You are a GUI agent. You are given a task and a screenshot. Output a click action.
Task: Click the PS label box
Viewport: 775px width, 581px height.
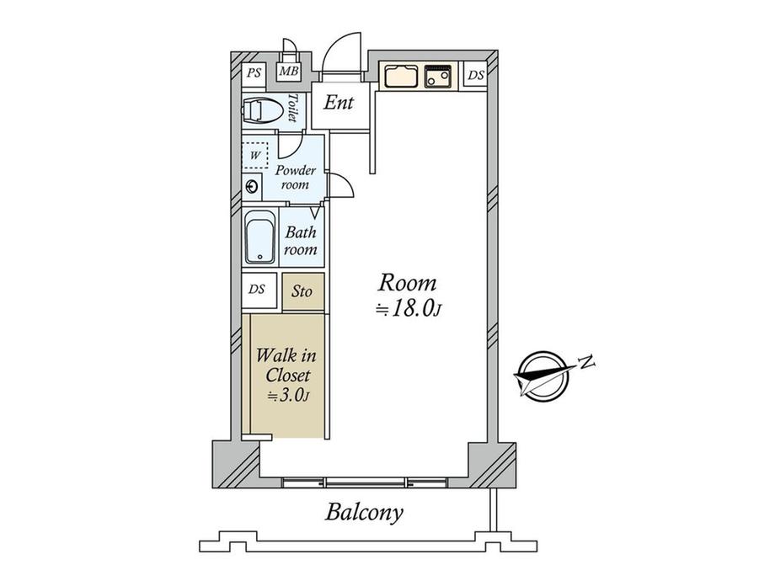click(254, 73)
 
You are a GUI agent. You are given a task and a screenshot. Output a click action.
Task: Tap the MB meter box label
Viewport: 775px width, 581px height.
click(289, 72)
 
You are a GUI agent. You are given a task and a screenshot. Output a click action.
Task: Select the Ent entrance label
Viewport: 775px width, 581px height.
click(339, 102)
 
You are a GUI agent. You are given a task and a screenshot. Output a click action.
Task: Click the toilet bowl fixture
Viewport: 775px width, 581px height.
click(262, 110)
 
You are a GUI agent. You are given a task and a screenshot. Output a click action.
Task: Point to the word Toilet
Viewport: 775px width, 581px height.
click(293, 108)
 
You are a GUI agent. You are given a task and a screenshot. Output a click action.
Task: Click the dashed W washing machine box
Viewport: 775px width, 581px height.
click(255, 155)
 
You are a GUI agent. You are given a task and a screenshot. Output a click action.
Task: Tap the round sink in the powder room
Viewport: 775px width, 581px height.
click(252, 186)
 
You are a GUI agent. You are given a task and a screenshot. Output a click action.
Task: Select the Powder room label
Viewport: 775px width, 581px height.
click(295, 178)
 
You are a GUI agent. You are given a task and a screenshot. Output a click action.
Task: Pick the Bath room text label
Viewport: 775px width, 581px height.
click(301, 241)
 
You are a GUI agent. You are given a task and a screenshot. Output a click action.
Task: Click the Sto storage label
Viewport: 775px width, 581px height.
click(302, 291)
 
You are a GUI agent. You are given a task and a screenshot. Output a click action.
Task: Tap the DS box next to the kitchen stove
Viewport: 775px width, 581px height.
click(476, 75)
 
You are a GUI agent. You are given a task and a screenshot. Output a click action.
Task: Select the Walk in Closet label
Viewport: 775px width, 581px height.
click(286, 375)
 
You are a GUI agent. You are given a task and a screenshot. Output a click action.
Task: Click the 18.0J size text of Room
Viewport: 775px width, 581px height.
click(409, 309)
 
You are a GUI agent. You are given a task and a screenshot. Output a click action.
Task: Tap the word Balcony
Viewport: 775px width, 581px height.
click(364, 513)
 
